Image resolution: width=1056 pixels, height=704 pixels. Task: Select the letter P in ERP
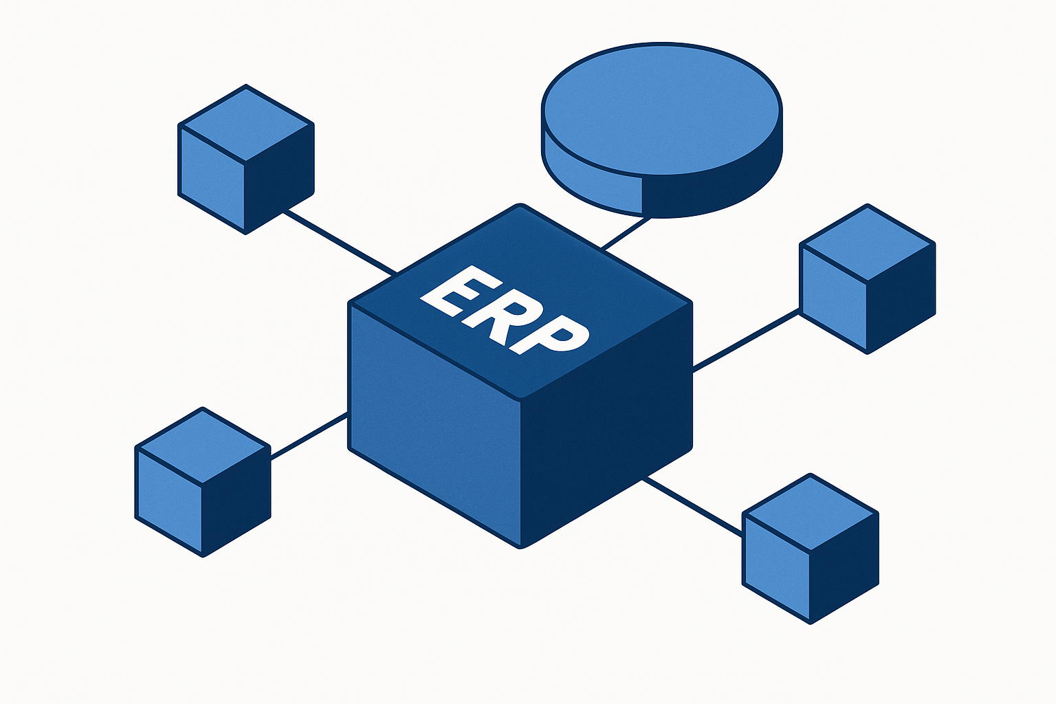(549, 335)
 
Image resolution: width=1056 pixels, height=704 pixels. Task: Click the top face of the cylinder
(662, 109)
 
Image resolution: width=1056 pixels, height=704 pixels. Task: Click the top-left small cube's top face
(246, 124)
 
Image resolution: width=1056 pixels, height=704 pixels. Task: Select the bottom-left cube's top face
(203, 445)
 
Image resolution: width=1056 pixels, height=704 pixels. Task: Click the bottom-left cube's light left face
(170, 500)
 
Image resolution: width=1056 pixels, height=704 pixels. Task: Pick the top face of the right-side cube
(868, 243)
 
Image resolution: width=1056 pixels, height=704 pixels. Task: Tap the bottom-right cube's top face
(811, 513)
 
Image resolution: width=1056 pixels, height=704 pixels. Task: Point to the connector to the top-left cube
(340, 243)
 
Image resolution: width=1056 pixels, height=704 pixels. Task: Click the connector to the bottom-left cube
(309, 436)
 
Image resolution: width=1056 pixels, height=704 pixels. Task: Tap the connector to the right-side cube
(746, 340)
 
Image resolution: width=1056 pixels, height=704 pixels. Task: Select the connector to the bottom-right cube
(693, 507)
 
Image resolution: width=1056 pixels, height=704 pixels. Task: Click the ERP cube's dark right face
(606, 424)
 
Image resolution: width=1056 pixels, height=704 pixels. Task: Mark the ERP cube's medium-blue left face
(434, 424)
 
